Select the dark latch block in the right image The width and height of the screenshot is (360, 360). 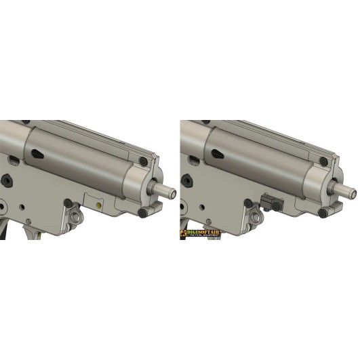(x=271, y=202)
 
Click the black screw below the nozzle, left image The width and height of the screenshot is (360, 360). (x=143, y=212)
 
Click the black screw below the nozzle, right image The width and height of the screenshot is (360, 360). (x=323, y=212)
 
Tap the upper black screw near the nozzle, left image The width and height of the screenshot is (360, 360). (x=143, y=161)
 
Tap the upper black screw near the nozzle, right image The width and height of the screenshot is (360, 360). (x=323, y=161)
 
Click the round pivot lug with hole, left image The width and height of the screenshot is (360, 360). (x=75, y=218)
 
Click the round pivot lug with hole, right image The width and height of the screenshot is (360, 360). (x=256, y=218)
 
